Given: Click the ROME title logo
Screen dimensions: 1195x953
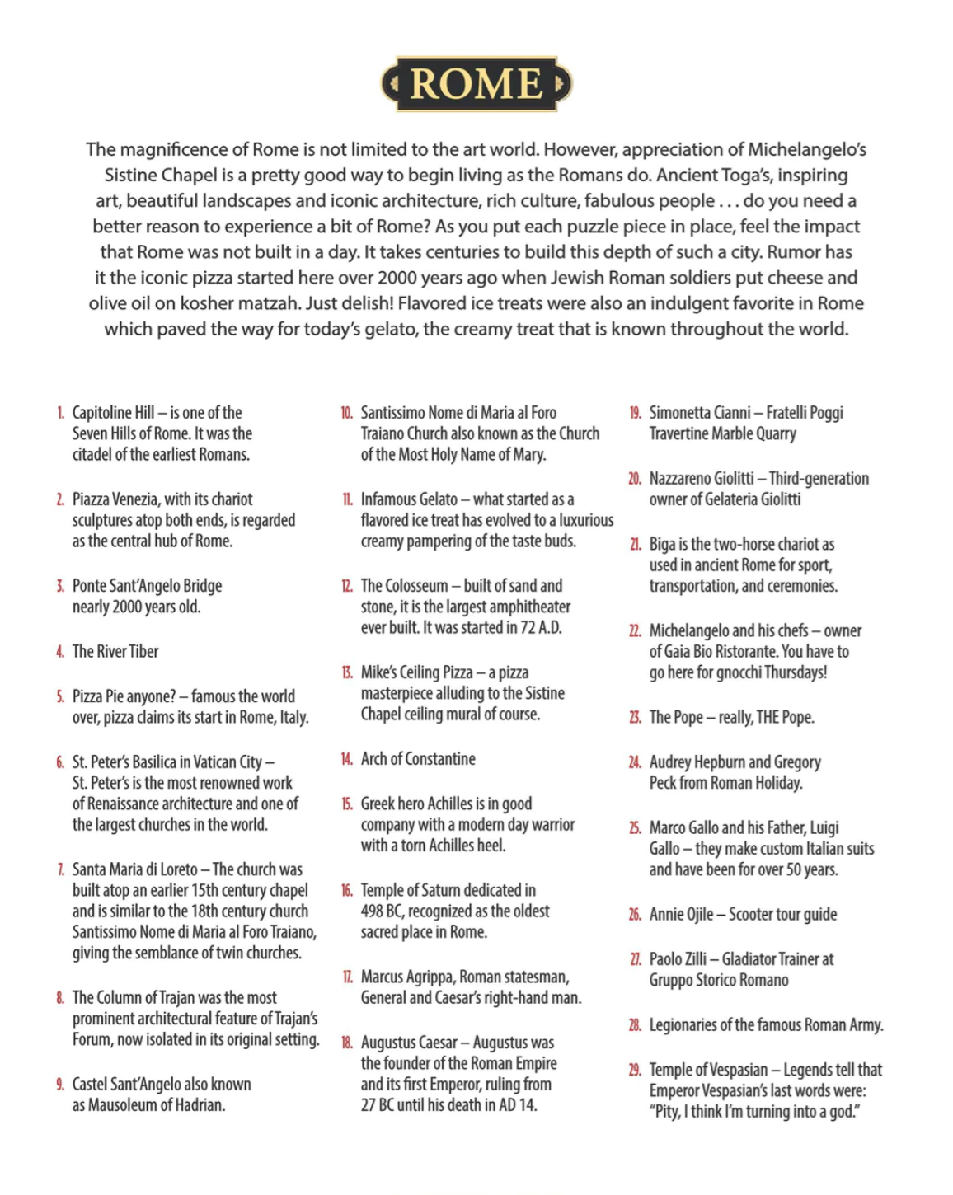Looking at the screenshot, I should coord(476,84).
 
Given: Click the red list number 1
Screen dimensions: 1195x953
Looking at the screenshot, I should coord(60,413).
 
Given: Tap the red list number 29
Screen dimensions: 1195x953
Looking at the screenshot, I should coord(635,1070).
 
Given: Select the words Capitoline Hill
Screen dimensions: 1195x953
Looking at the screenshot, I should coord(113,413).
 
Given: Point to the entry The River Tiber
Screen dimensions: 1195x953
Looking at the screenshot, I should coord(115,652).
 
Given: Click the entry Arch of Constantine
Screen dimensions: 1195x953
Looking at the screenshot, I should coord(418,759).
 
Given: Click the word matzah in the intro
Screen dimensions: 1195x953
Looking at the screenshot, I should coord(271,303).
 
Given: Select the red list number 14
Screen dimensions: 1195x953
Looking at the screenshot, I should coord(347,759).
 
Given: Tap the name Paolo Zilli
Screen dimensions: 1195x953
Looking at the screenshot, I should coord(678,959).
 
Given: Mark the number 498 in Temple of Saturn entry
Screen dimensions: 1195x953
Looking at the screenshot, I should coord(372,911).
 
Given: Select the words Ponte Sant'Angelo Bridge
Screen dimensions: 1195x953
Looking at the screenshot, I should coord(147,586).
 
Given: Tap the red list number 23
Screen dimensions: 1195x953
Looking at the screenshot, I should coord(635,717).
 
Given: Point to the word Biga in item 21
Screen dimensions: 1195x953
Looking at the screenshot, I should coord(662,545).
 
